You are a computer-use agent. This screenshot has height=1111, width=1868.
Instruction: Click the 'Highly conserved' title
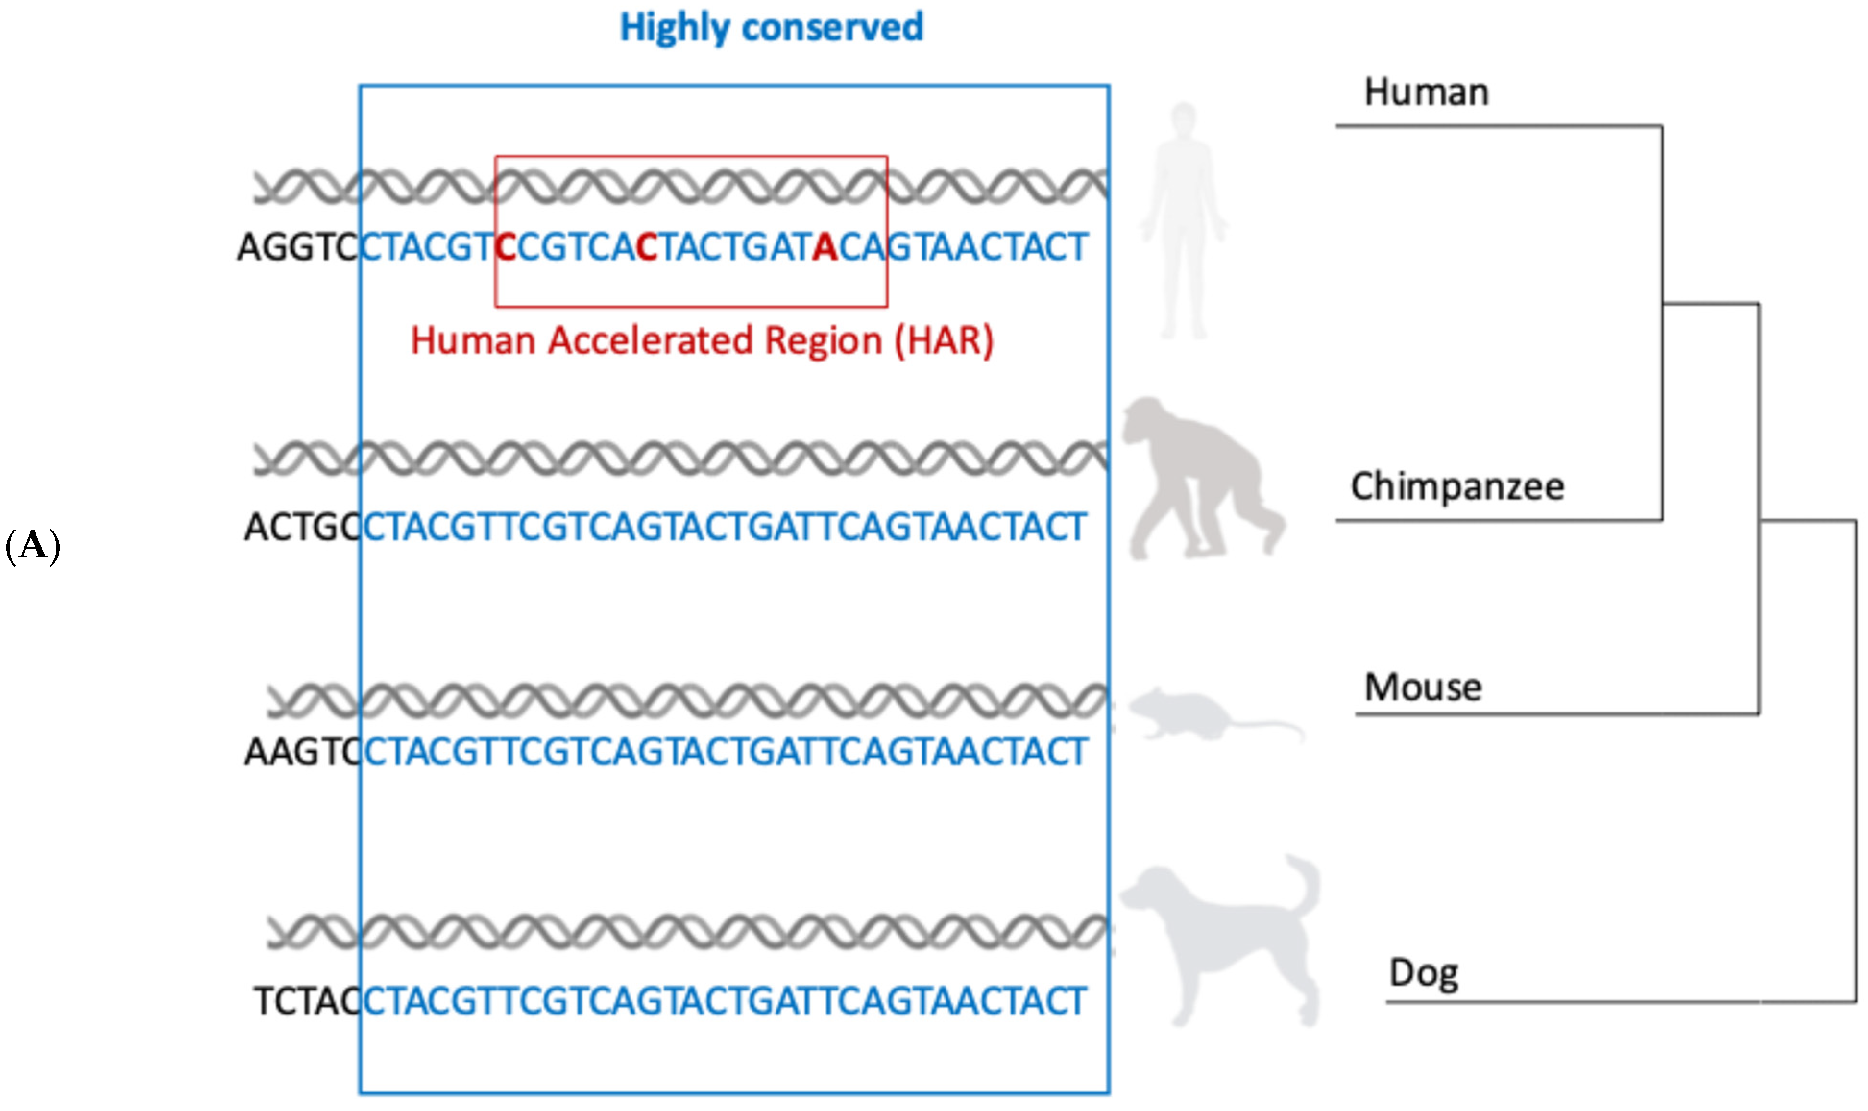tap(771, 28)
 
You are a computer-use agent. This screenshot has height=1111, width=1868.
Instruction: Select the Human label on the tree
tap(1426, 93)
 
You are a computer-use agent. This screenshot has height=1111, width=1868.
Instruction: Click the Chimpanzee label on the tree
tap(1457, 487)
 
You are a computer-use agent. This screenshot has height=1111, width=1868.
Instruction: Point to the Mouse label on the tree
tap(1422, 687)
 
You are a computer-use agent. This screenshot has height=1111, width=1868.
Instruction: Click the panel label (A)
tap(32, 546)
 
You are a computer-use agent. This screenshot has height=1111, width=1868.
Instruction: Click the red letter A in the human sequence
tap(825, 248)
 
